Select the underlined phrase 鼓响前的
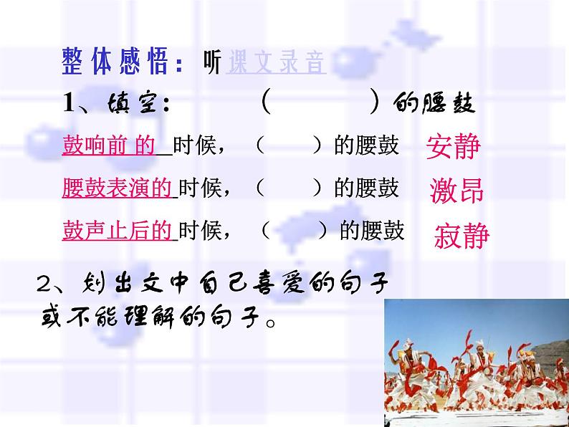click(108, 146)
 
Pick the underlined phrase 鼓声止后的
click(118, 230)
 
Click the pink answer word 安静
click(453, 148)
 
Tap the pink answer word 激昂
click(456, 191)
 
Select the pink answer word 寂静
click(462, 235)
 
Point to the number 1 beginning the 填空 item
click(69, 104)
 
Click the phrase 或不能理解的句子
click(154, 316)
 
